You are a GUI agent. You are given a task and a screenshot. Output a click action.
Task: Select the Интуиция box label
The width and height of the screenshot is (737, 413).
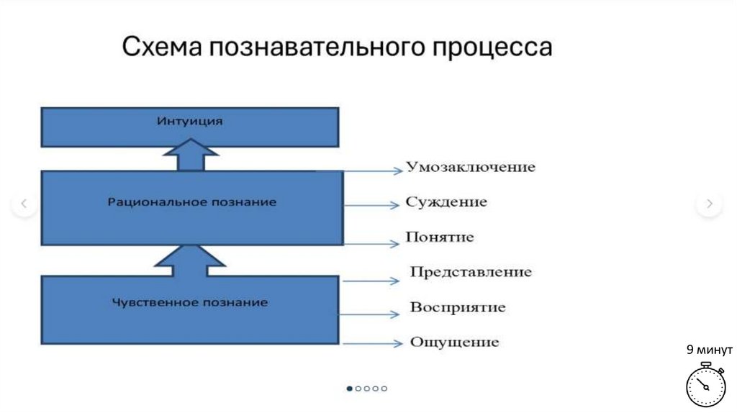[189, 121]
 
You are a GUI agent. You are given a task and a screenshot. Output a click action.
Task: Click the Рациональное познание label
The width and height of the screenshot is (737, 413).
[191, 202]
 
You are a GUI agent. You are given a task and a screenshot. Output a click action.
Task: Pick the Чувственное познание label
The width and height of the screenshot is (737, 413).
[190, 302]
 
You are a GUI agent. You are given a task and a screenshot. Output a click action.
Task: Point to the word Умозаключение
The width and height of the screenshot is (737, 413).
[471, 167]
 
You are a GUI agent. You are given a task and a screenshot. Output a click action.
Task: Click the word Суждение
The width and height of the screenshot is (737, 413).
[446, 202]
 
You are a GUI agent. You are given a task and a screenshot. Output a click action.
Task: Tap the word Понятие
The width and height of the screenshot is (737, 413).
[440, 237]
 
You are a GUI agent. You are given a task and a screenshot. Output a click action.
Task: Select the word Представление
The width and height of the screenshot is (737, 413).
[471, 272]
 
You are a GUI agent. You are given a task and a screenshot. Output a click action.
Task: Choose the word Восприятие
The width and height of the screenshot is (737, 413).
[458, 307]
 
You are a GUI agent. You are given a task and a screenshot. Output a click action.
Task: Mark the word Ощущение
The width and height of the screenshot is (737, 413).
[454, 342]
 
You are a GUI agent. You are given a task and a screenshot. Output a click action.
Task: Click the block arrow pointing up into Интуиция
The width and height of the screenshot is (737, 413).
[190, 154]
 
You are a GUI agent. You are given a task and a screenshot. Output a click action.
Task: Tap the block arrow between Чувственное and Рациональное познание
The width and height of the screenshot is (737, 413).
[190, 260]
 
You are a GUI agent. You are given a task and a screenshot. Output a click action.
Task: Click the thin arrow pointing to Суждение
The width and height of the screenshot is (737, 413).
[371, 205]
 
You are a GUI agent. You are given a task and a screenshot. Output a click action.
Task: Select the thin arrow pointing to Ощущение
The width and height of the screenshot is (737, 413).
[371, 344]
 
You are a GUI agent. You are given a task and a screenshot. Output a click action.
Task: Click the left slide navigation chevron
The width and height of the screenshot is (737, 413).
[24, 204]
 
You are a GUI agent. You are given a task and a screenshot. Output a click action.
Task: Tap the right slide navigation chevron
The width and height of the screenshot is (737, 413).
[709, 204]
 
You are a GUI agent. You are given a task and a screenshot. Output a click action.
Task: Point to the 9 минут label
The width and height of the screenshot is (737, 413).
[709, 350]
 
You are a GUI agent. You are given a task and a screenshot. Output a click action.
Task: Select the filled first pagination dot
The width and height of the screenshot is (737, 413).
[350, 389]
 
